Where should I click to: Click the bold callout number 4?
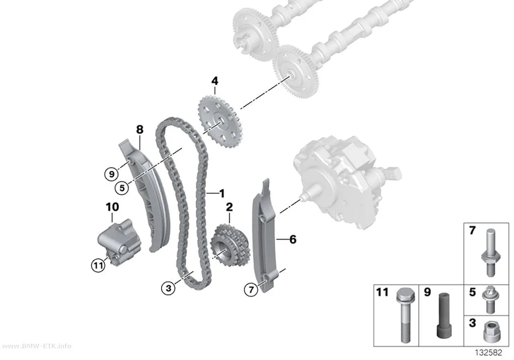[x=215, y=81]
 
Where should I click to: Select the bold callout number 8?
[x=140, y=130]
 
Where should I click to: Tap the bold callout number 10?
[x=112, y=207]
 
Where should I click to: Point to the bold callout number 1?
[x=222, y=193]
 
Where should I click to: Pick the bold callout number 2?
[x=229, y=207]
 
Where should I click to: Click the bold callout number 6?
[x=293, y=240]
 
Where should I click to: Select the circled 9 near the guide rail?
[x=112, y=174]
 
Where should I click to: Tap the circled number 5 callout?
[x=122, y=188]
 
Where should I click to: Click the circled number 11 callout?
[x=98, y=264]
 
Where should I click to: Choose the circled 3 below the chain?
[x=168, y=288]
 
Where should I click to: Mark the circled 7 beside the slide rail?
[x=251, y=289]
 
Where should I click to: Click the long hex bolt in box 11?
[x=403, y=315]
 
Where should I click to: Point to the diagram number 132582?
[x=489, y=353]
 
